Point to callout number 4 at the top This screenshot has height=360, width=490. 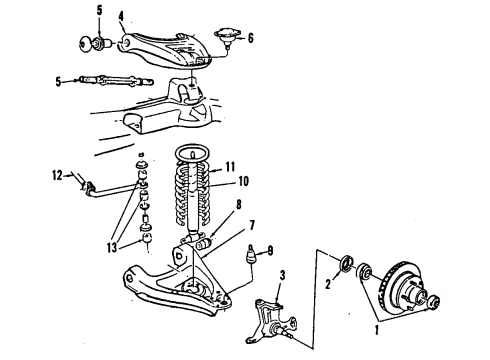point(121,15)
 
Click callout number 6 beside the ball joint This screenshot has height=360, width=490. point(251,37)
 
